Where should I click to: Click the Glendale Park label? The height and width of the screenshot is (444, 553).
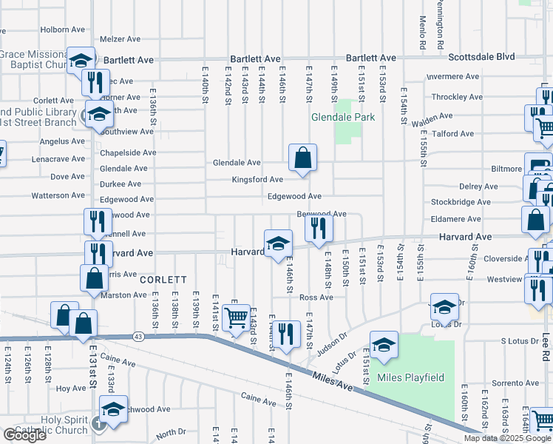[x=342, y=117]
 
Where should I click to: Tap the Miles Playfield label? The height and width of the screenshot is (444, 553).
[x=411, y=377]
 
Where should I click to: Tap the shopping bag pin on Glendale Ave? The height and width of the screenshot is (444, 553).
[x=303, y=158]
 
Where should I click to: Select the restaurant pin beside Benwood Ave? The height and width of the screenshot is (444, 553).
[x=319, y=228]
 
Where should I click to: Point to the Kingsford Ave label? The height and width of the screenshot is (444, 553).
[x=257, y=180]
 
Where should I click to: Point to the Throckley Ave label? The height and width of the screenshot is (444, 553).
[x=456, y=97]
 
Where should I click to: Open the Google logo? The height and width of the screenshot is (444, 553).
[x=24, y=435]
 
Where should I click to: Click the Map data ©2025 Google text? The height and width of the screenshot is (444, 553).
[x=507, y=438]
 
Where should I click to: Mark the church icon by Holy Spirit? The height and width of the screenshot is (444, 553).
[x=99, y=425]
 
